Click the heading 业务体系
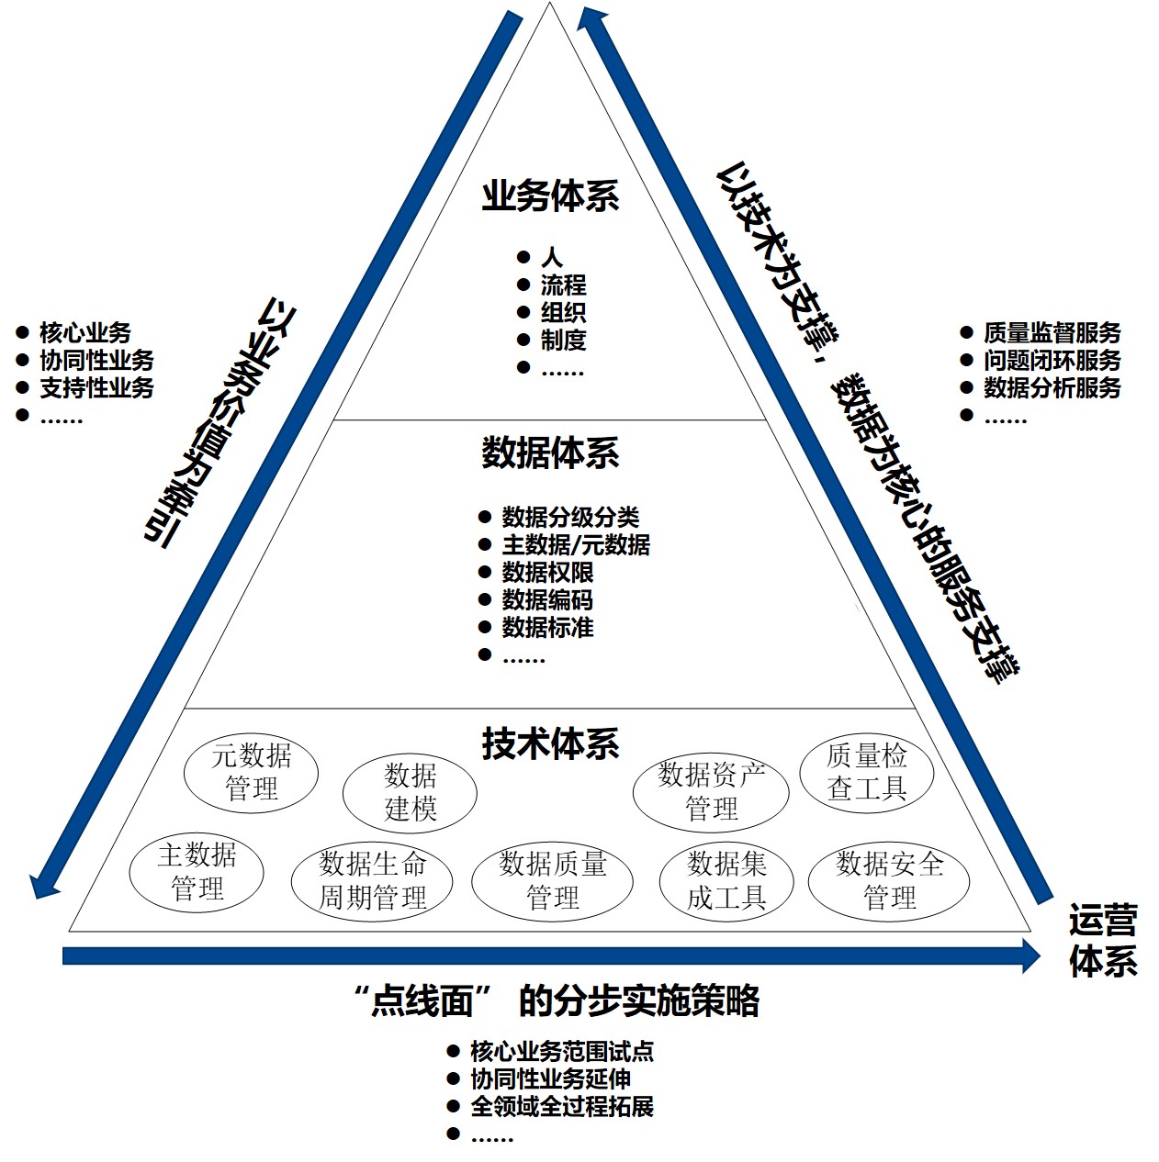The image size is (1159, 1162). point(550,196)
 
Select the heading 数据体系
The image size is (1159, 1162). point(550,453)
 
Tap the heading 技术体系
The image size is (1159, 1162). point(550,743)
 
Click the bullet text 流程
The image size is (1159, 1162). point(563,285)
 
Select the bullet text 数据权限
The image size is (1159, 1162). point(547,572)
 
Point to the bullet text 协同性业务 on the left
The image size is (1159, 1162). point(96,360)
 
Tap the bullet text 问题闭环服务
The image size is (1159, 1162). point(1052,360)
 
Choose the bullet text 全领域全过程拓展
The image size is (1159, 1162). point(562,1106)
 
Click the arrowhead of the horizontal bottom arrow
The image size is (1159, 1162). point(1031,955)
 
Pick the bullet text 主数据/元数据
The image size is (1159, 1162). point(576,544)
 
